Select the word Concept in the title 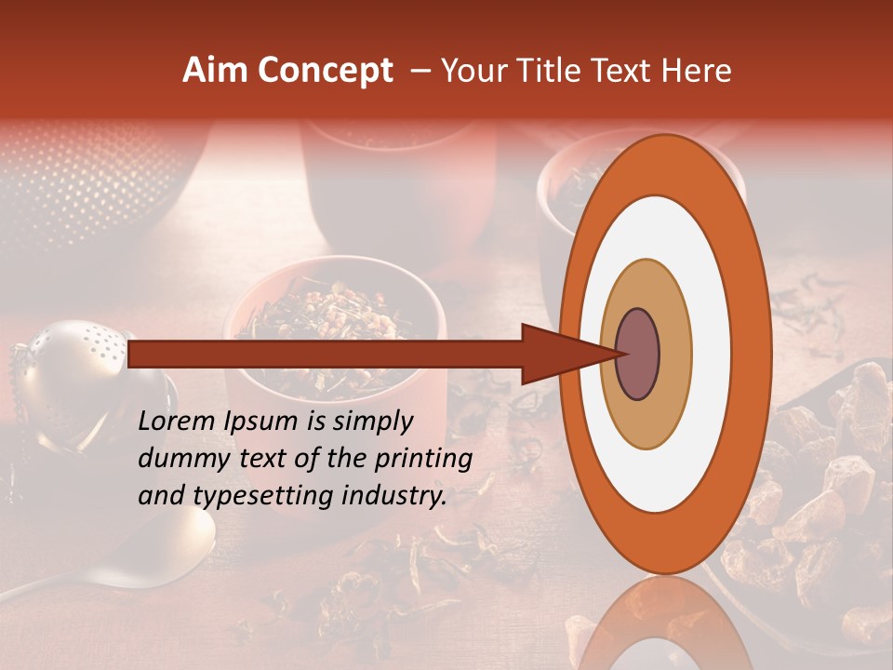point(325,71)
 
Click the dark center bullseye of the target point(638,354)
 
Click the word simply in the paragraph point(368,422)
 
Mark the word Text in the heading point(626,71)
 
